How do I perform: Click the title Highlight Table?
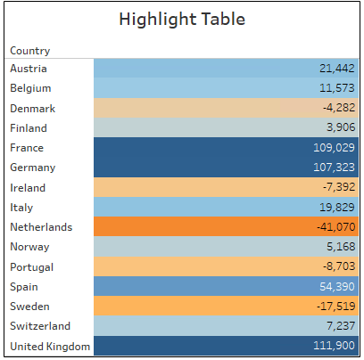(182, 19)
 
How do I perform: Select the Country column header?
(30, 51)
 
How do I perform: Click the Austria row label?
(29, 69)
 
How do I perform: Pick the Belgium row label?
(30, 88)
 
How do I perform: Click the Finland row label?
(29, 128)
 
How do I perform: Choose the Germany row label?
(32, 168)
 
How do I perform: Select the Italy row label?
(22, 208)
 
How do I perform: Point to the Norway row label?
(29, 248)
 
